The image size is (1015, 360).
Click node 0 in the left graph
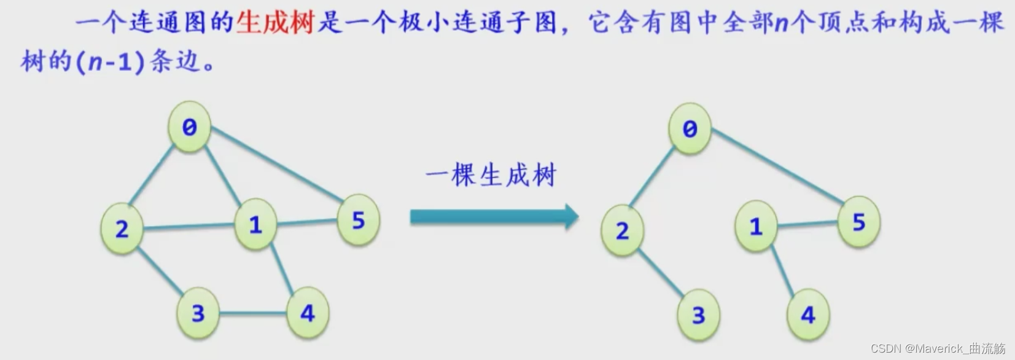point(189,127)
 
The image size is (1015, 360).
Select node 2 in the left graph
point(122,229)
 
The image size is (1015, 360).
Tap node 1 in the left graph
point(255,225)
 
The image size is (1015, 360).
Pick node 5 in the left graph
point(359,220)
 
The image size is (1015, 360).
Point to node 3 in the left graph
point(198,313)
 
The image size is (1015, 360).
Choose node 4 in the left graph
point(307,313)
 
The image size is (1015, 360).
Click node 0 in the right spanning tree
point(690,128)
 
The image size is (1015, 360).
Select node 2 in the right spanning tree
point(622,231)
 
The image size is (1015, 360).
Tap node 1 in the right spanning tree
point(756,227)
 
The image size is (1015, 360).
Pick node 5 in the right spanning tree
point(859,222)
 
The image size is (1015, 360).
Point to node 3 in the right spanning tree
point(698,315)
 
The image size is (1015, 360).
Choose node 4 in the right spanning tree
point(808,315)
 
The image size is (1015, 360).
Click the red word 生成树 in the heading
point(274,23)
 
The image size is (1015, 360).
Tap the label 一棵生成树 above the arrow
point(491,176)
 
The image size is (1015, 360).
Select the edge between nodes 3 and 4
point(252,314)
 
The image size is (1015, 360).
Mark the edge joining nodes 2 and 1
point(189,227)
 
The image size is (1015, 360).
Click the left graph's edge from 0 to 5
point(276,166)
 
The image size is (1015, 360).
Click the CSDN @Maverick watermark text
point(938,349)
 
